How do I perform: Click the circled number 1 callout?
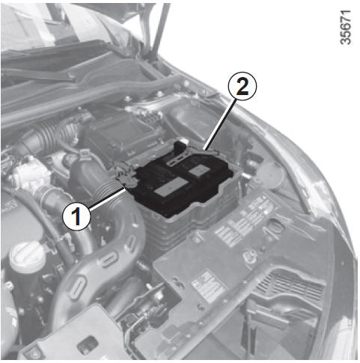(76, 216)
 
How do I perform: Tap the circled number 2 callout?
(242, 86)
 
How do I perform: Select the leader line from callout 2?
(219, 124)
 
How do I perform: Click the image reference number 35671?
(346, 27)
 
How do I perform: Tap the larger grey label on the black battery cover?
(171, 187)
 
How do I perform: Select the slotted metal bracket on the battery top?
(177, 159)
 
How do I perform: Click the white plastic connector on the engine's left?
(28, 172)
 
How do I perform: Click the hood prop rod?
(159, 30)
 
